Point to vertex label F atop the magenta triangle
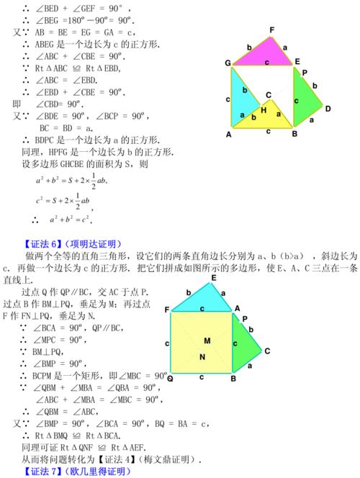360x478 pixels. pyautogui.click(x=271, y=30)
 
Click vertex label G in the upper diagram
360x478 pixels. pyautogui.click(x=228, y=63)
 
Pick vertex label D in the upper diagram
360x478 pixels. pyautogui.click(x=328, y=109)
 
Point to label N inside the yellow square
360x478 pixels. pyautogui.click(x=204, y=357)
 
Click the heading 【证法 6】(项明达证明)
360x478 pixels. pyautogui.click(x=72, y=243)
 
